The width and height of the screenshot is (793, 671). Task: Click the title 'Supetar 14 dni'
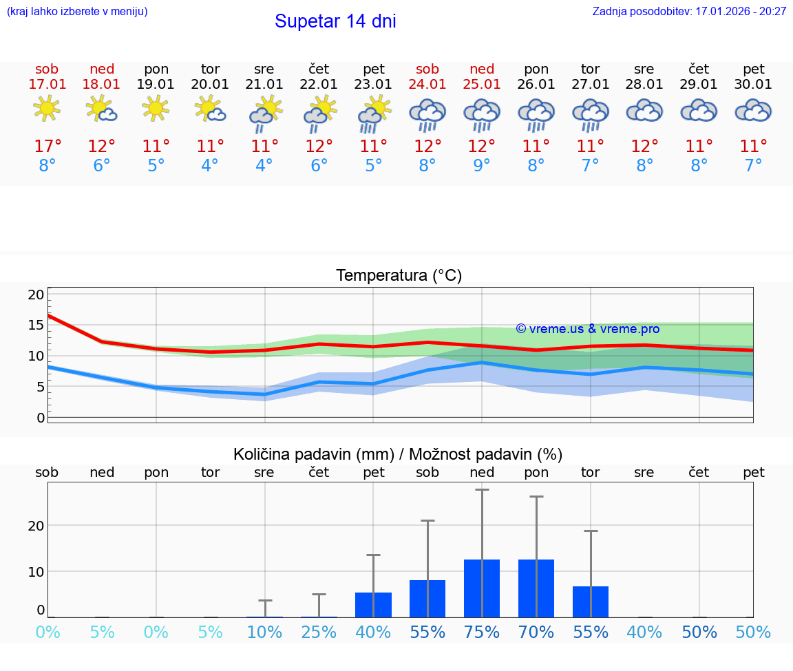[335, 21]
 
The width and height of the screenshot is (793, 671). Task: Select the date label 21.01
[264, 85]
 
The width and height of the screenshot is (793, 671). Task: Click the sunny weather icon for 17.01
[47, 109]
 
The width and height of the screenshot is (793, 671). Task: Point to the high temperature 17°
[47, 147]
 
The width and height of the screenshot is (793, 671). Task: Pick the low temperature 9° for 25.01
[482, 166]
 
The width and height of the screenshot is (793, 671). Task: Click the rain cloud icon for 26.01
[536, 114]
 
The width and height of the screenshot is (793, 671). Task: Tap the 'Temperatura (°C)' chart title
[399, 276]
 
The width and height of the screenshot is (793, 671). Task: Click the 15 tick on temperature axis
[36, 326]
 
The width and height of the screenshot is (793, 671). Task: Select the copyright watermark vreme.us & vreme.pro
[588, 329]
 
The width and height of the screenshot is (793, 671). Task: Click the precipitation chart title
[398, 454]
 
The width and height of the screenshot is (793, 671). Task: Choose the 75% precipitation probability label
[482, 632]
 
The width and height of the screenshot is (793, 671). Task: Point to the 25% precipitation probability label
[319, 632]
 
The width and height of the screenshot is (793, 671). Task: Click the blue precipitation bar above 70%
[536, 588]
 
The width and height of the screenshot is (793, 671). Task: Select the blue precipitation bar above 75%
[482, 588]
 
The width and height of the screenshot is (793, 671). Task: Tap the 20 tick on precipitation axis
[36, 526]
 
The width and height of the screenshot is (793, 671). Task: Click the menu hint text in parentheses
[76, 12]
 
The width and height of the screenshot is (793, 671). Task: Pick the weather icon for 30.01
[753, 111]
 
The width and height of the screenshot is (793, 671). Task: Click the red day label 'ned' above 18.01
[102, 70]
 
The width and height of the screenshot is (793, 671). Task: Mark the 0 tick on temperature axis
[41, 418]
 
